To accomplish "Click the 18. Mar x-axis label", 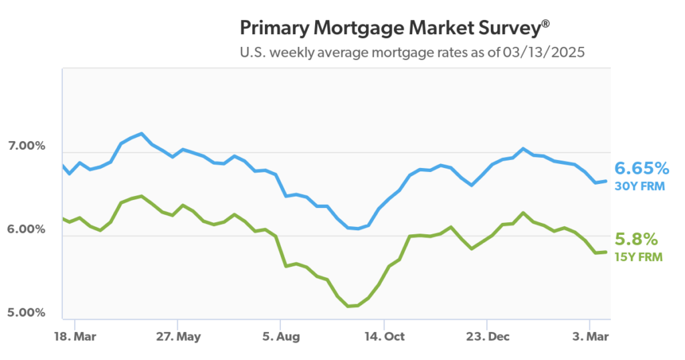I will pyautogui.click(x=75, y=336).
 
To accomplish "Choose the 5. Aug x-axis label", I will pyautogui.click(x=281, y=336).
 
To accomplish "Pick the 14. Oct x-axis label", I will pyautogui.click(x=384, y=336).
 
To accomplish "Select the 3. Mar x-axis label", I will pyautogui.click(x=590, y=336).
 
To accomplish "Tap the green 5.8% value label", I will pyautogui.click(x=636, y=240).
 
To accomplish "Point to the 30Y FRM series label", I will pyautogui.click(x=640, y=186).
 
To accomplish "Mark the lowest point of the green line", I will pyautogui.click(x=349, y=306).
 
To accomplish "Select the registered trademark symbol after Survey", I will pyautogui.click(x=547, y=23).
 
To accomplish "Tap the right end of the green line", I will pyautogui.click(x=606, y=252).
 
